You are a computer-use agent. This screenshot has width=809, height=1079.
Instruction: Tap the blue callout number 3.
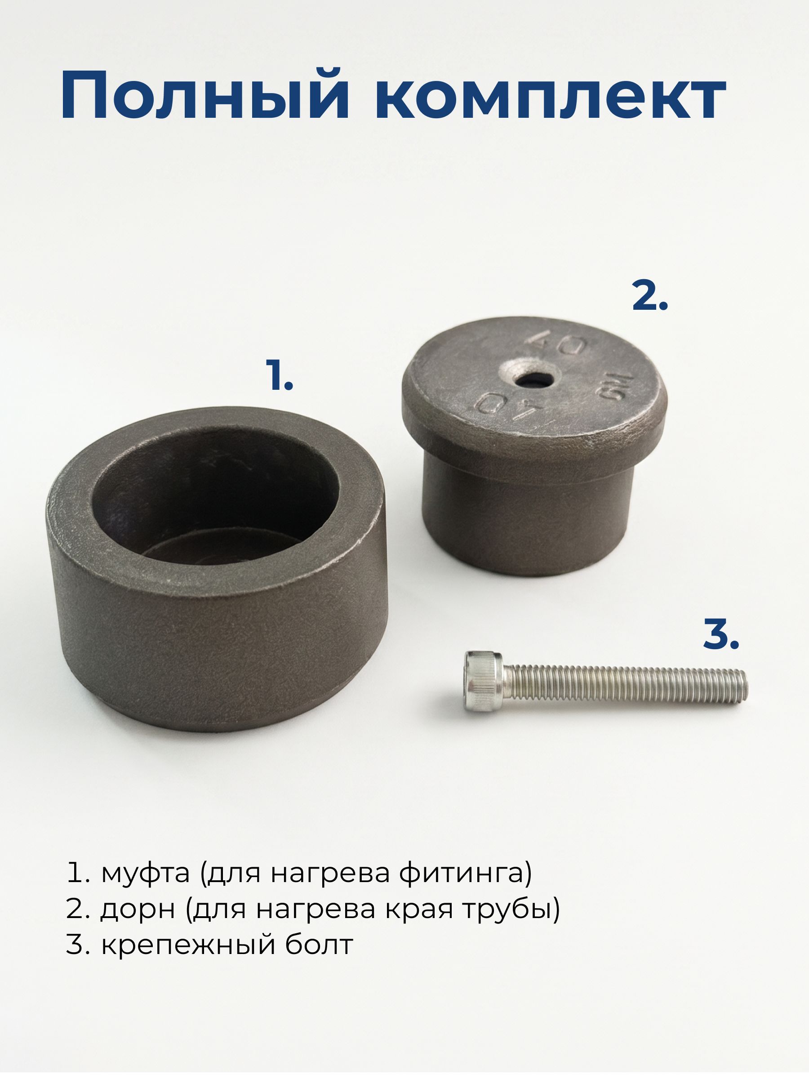click(x=721, y=633)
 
